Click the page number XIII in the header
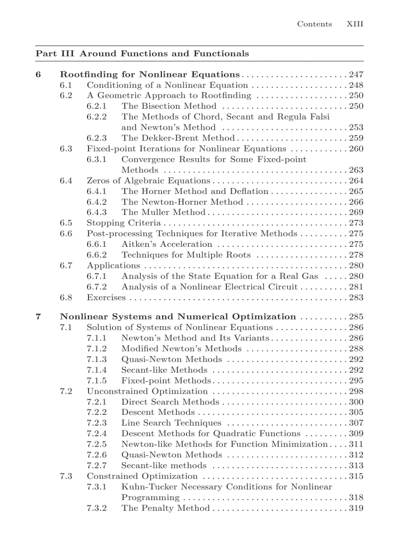tap(355, 24)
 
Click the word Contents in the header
tap(314, 24)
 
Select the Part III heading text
tap(142, 53)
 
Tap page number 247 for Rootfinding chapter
tap(356, 74)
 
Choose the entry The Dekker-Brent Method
tap(178, 138)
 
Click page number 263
tap(356, 170)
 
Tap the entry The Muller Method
tap(163, 213)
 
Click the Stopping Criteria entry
tap(123, 223)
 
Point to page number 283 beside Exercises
tap(356, 298)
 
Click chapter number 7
tap(38, 317)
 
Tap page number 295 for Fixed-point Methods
tap(356, 381)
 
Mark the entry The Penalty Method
tap(165, 508)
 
